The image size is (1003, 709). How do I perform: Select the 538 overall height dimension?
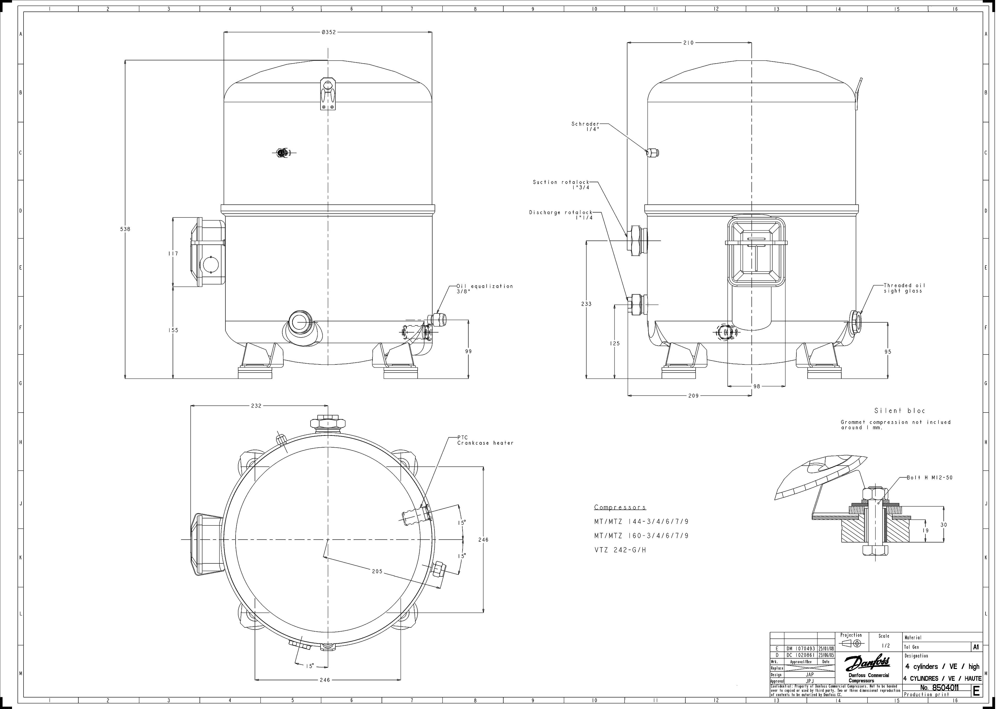[125, 229]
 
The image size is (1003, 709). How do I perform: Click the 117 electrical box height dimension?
[173, 254]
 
